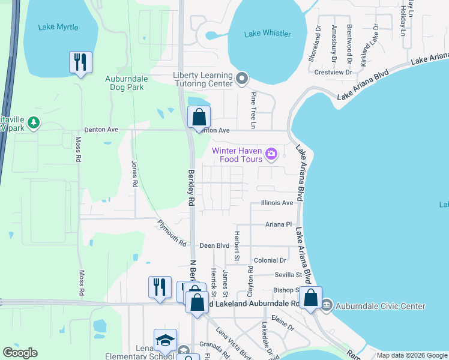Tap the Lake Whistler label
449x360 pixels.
[x=268, y=34]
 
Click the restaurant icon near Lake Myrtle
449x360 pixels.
[x=80, y=62]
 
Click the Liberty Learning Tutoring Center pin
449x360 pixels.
[x=242, y=78]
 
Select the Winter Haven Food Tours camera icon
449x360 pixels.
[x=271, y=154]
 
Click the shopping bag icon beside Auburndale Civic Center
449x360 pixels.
[x=311, y=298]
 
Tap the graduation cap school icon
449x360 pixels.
[x=165, y=340]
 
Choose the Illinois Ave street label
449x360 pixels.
[x=277, y=203]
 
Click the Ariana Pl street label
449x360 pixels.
[x=278, y=224]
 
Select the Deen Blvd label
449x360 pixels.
[x=215, y=245]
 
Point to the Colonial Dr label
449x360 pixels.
[x=270, y=260]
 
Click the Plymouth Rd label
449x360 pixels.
[x=172, y=233]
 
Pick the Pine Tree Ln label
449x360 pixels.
[x=253, y=110]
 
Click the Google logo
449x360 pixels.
[x=20, y=353]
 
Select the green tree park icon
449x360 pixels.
[x=34, y=123]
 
